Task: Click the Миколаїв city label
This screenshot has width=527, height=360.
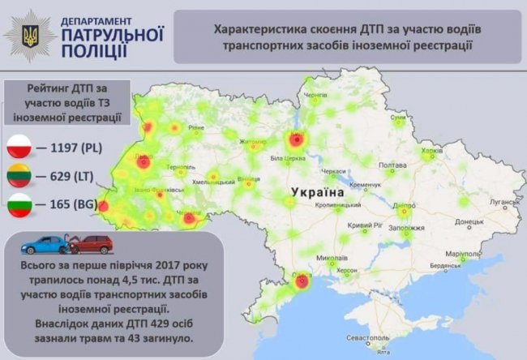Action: [x=331, y=259]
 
